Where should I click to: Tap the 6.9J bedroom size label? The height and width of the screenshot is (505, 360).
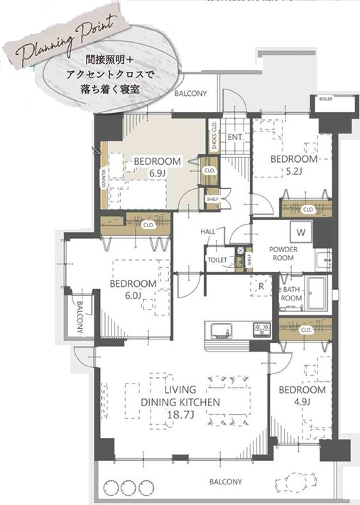tap(157, 173)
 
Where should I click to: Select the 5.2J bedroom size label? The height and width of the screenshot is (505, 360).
tap(293, 171)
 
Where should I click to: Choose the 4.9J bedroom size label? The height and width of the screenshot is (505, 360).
tap(301, 402)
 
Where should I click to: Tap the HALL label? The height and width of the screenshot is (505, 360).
tap(208, 232)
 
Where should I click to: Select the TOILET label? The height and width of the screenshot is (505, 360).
tap(217, 260)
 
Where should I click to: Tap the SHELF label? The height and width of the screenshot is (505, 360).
tap(212, 200)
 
